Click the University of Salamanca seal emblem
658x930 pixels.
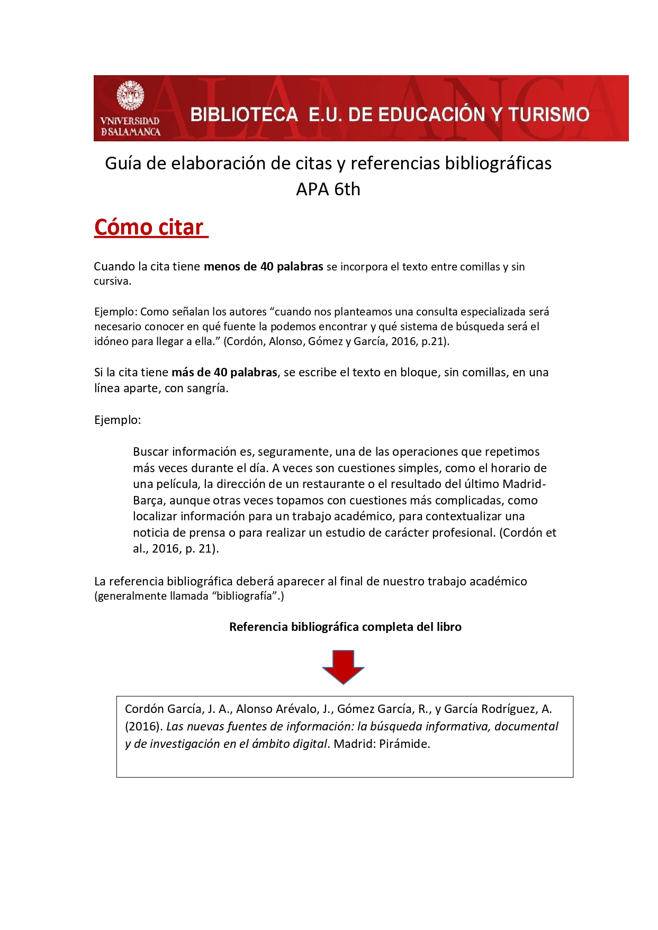tap(130, 96)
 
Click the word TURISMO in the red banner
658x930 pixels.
tap(548, 114)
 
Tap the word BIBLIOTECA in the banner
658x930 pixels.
tap(244, 114)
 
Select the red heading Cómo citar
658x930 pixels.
tap(149, 227)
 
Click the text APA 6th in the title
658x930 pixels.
tap(328, 189)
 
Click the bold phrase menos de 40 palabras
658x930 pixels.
tap(263, 266)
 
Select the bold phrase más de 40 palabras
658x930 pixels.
tap(224, 372)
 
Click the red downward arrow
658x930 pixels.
tap(343, 667)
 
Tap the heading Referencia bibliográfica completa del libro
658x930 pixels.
tap(345, 627)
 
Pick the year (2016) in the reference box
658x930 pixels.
tap(143, 726)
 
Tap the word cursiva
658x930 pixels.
tap(112, 281)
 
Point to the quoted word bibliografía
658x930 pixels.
tap(246, 596)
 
